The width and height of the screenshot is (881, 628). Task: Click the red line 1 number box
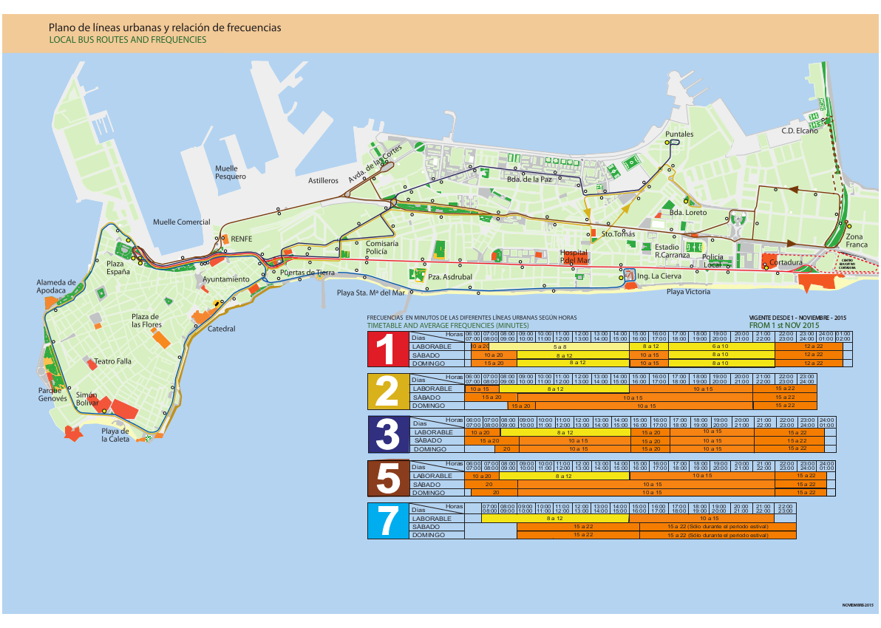coord(387,349)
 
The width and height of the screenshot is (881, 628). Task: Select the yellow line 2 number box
coord(387,392)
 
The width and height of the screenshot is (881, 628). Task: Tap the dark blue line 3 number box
coord(387,434)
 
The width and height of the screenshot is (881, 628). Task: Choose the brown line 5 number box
coord(387,478)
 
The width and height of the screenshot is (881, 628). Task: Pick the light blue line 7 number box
coord(387,521)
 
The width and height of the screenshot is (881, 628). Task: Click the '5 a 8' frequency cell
coord(559,346)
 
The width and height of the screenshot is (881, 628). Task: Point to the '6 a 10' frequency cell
coord(720,346)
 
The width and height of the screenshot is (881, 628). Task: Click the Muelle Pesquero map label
coord(231,172)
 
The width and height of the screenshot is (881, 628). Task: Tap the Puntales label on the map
coord(679,134)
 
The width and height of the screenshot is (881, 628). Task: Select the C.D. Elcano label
coord(800,131)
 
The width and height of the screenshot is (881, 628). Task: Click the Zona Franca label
coord(857,240)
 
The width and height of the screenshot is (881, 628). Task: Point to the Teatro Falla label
coord(113,361)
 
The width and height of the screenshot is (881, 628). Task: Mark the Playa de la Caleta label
coord(115,434)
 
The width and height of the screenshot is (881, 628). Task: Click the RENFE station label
coord(242,239)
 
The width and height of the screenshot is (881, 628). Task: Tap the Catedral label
coord(222,329)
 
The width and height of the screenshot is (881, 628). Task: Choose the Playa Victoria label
coord(688,292)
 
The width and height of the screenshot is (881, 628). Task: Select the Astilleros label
coord(323,180)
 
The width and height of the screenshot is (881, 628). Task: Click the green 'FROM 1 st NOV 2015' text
coord(784,325)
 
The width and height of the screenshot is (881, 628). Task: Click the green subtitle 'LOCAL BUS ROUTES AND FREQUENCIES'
coord(127,40)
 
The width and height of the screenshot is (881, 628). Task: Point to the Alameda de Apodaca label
coord(56,286)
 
